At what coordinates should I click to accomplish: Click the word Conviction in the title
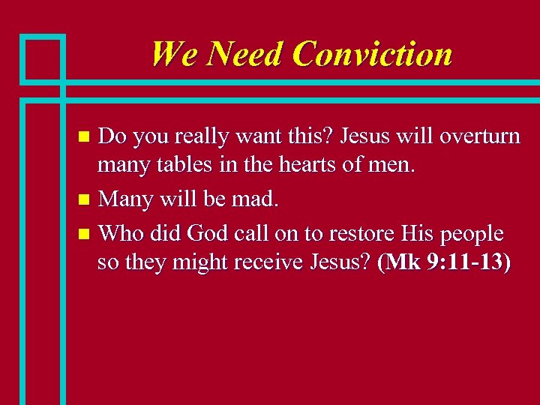(x=373, y=54)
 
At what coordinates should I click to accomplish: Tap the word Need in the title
(x=244, y=54)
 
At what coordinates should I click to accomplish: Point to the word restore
(x=351, y=233)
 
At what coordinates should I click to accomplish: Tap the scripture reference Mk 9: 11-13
(x=445, y=264)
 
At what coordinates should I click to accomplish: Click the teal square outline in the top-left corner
(x=43, y=58)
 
